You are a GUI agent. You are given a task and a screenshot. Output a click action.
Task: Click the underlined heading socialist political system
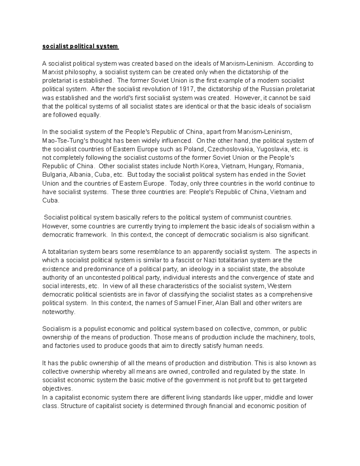80,47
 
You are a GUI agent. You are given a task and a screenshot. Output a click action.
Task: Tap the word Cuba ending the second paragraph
50,200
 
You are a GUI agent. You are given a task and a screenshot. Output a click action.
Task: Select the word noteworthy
58,312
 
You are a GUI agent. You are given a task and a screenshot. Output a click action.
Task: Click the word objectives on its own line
57,389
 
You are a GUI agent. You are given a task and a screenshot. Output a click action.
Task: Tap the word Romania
289,166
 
